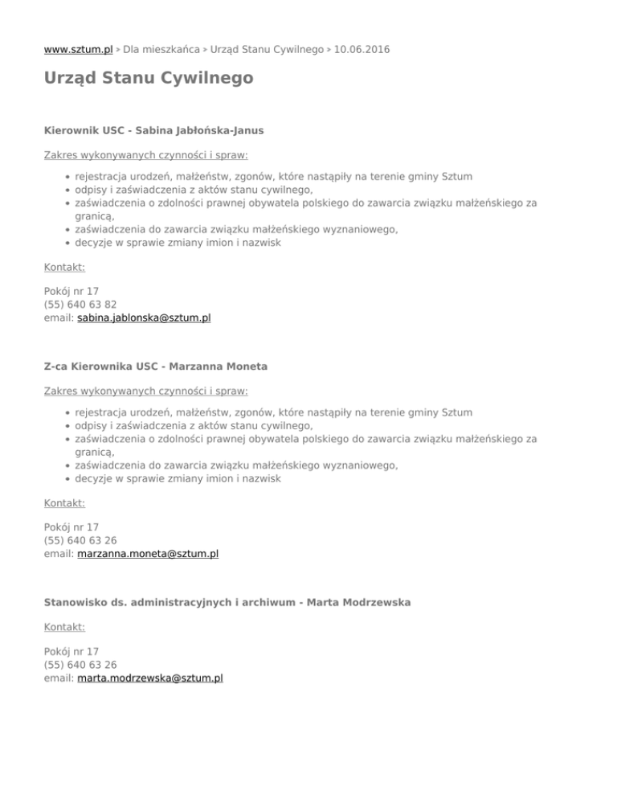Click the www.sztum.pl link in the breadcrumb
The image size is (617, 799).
point(78,49)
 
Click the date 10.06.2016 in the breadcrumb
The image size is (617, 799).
point(362,49)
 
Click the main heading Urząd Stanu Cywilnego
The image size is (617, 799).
point(149,79)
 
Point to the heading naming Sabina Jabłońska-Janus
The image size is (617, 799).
point(153,129)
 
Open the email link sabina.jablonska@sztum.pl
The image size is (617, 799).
point(144,318)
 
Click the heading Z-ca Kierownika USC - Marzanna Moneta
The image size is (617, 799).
point(156,366)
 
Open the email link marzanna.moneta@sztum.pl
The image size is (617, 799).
point(148,554)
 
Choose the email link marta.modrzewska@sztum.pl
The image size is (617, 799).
point(150,678)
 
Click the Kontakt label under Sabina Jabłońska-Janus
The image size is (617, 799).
point(64,267)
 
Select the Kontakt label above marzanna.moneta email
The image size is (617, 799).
point(64,503)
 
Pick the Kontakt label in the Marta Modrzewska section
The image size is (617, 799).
point(64,626)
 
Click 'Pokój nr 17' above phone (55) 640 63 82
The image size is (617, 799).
point(72,291)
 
